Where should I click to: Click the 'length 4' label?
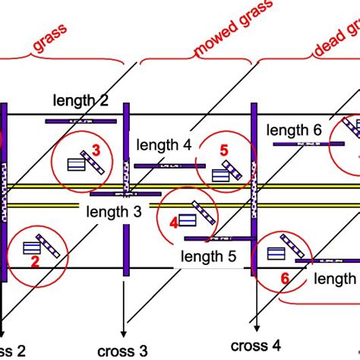click(163, 144)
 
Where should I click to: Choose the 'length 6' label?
click(295, 131)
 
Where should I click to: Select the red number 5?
click(223, 150)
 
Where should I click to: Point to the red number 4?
click(173, 223)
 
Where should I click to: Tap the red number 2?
click(34, 262)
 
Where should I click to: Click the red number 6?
click(285, 279)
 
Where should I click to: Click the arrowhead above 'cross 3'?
click(123, 331)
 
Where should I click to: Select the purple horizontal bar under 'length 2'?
click(81, 121)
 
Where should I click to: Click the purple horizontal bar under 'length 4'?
click(169, 165)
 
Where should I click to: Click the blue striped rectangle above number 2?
click(32, 248)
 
